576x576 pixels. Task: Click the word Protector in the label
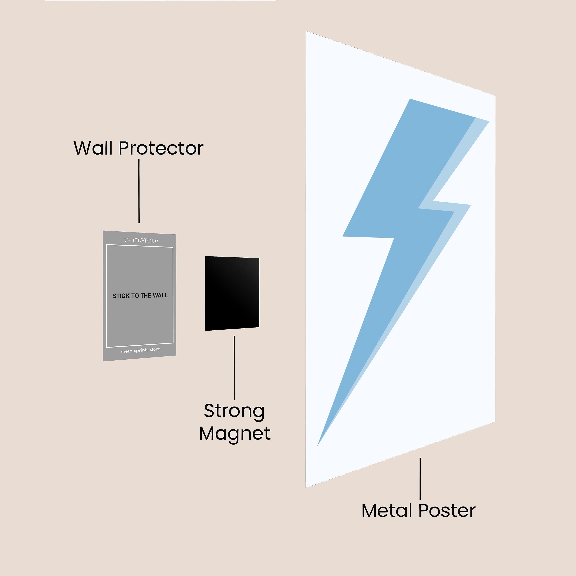(x=161, y=148)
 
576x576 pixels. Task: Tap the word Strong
(x=234, y=411)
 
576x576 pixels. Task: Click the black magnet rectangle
(x=232, y=293)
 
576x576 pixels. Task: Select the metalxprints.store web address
(x=140, y=350)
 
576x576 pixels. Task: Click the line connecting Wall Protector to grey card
(x=139, y=191)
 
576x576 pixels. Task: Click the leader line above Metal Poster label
(x=420, y=478)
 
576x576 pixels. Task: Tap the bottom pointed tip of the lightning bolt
(x=318, y=445)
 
